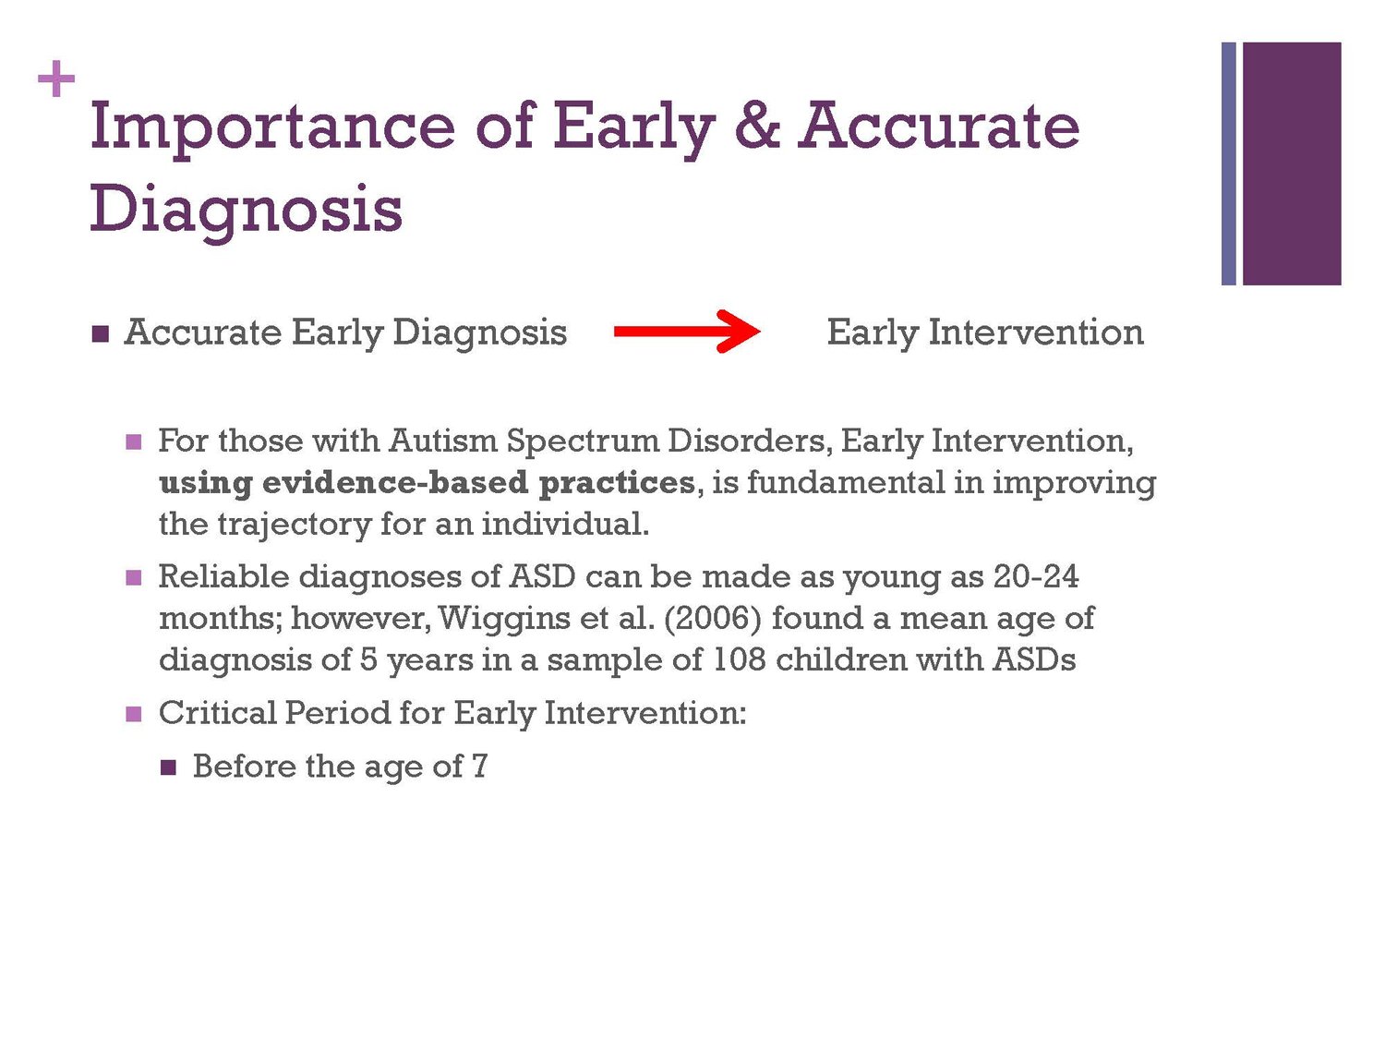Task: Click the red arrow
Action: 687,332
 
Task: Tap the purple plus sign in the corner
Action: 56,79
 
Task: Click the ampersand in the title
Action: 757,127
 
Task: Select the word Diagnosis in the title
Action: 246,210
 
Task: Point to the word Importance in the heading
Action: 272,130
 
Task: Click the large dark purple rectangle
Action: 1292,163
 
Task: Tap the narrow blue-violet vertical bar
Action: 1229,163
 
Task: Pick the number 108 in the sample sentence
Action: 739,659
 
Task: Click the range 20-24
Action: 1035,576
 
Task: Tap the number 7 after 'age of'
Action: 479,766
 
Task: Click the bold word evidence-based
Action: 395,483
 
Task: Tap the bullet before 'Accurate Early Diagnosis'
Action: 101,333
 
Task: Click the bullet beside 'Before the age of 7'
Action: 168,767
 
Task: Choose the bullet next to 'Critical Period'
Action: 134,714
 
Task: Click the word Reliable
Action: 223,576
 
